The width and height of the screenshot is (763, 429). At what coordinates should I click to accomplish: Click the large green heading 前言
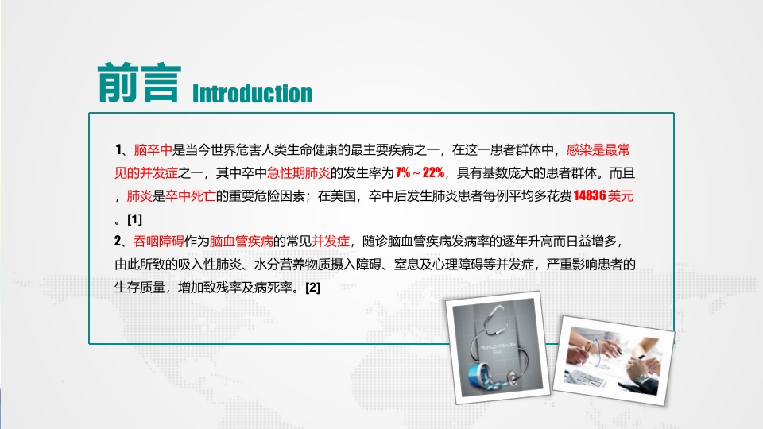click(136, 83)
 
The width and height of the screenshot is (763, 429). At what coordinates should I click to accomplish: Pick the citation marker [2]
click(312, 287)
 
